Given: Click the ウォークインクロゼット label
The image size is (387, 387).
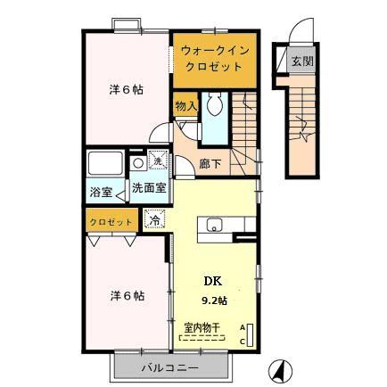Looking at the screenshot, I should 210,59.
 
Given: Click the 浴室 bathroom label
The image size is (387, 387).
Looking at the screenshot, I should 98,191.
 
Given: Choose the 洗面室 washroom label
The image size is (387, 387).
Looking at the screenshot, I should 148,188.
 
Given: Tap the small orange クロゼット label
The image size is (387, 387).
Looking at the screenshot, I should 111,221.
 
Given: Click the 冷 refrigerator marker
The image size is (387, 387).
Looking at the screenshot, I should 155,219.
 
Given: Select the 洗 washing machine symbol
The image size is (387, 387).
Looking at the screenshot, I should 157,161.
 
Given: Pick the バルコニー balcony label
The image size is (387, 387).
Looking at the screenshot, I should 169,366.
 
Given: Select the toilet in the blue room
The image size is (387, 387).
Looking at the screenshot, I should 214,108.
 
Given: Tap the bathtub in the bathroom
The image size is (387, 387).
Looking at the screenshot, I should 107,163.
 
